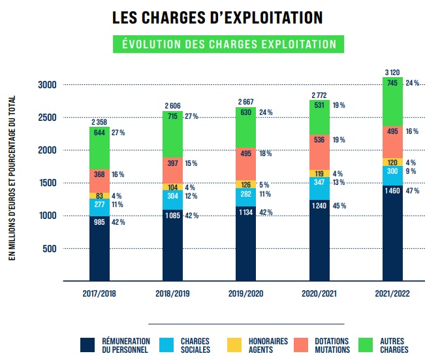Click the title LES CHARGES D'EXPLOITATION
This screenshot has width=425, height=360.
pyautogui.click(x=217, y=18)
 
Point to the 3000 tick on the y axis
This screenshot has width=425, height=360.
pyautogui.click(x=47, y=85)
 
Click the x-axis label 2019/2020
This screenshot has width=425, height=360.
pyautogui.click(x=246, y=295)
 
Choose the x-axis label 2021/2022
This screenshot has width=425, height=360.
pyautogui.click(x=393, y=295)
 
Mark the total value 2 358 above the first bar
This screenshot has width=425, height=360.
pyautogui.click(x=99, y=122)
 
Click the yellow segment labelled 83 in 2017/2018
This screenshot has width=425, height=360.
pyautogui.click(x=99, y=195)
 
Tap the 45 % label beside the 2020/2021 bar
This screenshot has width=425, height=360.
pyautogui.click(x=339, y=206)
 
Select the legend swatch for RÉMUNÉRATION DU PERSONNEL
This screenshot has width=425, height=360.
pyautogui.click(x=88, y=346)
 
